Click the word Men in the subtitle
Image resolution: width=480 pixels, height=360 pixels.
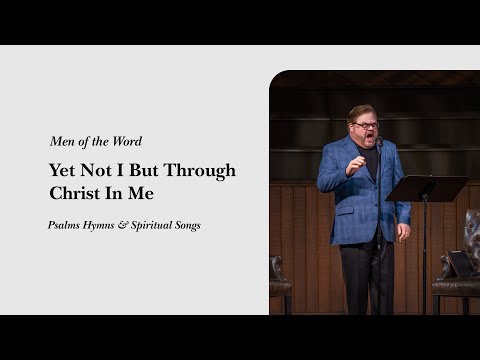click(x=62, y=141)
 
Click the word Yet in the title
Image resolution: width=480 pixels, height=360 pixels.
click(x=62, y=170)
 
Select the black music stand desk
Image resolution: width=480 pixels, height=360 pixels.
click(x=425, y=188)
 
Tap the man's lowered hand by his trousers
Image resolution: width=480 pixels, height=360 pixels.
click(x=402, y=232)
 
